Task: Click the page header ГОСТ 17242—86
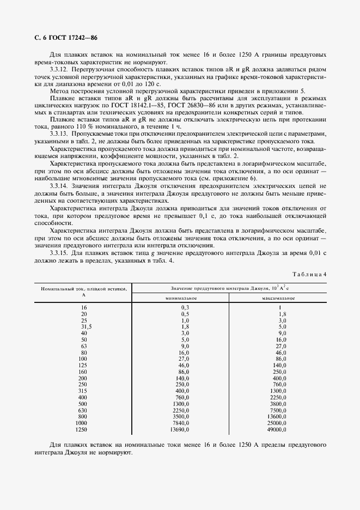(66, 38)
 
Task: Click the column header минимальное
(181, 299)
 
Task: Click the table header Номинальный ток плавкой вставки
(83, 289)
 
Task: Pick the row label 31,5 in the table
(83, 326)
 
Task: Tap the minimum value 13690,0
(181, 430)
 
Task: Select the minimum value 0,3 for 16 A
(185, 307)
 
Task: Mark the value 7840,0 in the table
(182, 423)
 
